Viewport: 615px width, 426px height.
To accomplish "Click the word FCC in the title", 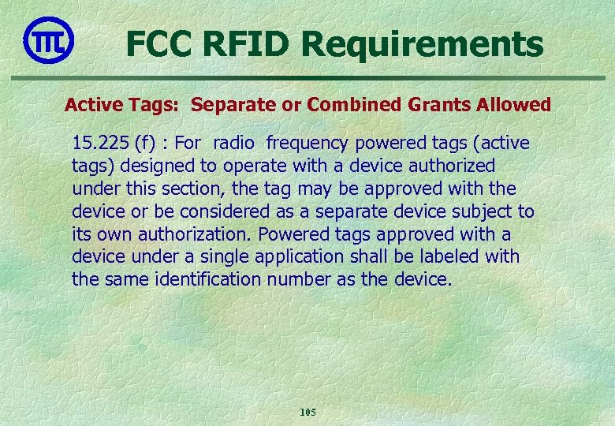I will [159, 44].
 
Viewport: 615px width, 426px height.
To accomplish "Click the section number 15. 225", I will [100, 143].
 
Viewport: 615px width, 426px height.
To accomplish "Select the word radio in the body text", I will [235, 143].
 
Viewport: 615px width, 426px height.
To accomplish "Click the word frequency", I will [307, 144].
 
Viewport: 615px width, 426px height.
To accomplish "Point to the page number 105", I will [307, 412].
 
